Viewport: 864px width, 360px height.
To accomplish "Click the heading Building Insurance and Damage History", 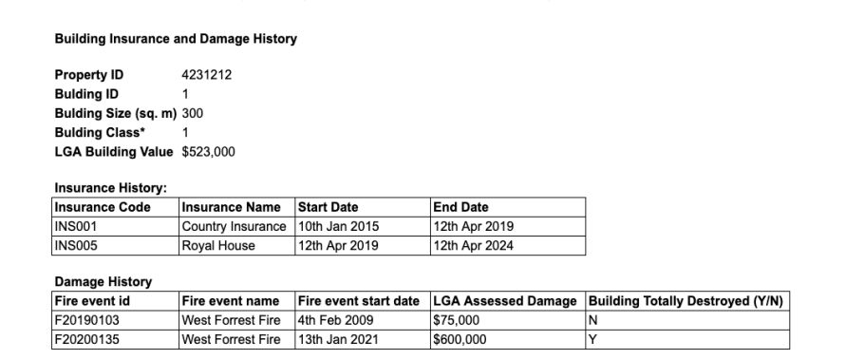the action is coord(176,39).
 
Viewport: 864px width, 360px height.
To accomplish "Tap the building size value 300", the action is coord(192,114).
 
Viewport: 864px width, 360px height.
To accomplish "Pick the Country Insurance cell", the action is coord(234,225).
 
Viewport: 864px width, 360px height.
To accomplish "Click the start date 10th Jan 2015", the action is coord(338,225).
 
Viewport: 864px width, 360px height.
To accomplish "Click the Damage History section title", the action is coord(102,282).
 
